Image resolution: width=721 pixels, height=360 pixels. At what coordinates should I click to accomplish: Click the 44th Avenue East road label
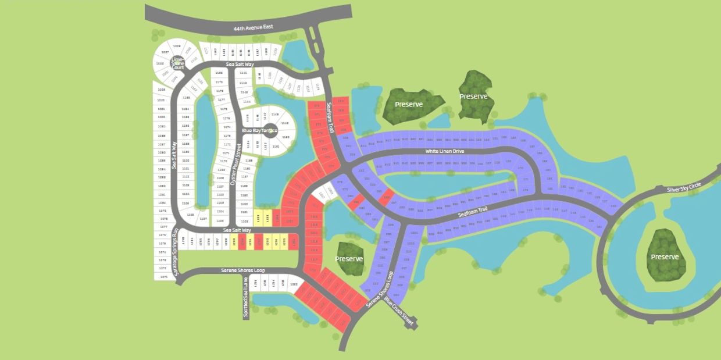pos(254,27)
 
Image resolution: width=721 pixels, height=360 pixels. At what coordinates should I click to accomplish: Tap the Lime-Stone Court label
pos(178,63)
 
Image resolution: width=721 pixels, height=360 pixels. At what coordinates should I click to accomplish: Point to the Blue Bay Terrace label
pos(259,131)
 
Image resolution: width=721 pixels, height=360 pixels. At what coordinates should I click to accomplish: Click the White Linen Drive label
pos(445,151)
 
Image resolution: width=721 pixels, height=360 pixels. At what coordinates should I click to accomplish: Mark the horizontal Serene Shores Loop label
pos(242,270)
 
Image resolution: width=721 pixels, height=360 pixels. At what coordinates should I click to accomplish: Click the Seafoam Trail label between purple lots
pos(472,212)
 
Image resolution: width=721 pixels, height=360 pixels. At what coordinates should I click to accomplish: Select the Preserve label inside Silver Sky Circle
pos(665,257)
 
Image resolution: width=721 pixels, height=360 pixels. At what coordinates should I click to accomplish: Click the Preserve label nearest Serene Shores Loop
pos(349,259)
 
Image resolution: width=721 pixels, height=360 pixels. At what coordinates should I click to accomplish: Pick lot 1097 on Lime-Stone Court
pos(165,52)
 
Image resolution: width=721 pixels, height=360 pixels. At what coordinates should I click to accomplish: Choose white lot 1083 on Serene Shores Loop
pos(294,284)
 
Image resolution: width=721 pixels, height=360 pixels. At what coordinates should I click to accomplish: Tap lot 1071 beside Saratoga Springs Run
pos(164,277)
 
